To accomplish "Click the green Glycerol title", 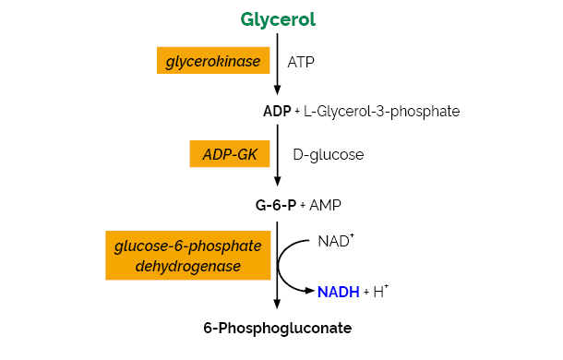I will pyautogui.click(x=277, y=19).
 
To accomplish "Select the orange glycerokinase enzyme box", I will pyautogui.click(x=213, y=62).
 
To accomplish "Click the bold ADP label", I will pyautogui.click(x=277, y=112).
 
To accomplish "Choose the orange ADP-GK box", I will pyautogui.click(x=230, y=154).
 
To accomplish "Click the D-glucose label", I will pyautogui.click(x=328, y=155).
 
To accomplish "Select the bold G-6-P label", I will pyautogui.click(x=276, y=204).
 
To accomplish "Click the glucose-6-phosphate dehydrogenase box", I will pyautogui.click(x=188, y=256).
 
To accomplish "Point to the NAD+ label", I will pyautogui.click(x=336, y=241).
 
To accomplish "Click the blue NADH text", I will pyautogui.click(x=339, y=292).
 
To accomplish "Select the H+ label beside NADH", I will pyautogui.click(x=379, y=291).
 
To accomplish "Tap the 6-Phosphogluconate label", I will pyautogui.click(x=277, y=328).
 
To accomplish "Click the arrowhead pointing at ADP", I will pyautogui.click(x=277, y=90).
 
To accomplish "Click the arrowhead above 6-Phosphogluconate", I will pyautogui.click(x=277, y=306).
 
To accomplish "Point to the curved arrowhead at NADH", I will pyautogui.click(x=310, y=292).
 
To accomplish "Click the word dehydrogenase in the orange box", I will pyautogui.click(x=188, y=266).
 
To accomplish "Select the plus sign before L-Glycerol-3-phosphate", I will pyautogui.click(x=297, y=113).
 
